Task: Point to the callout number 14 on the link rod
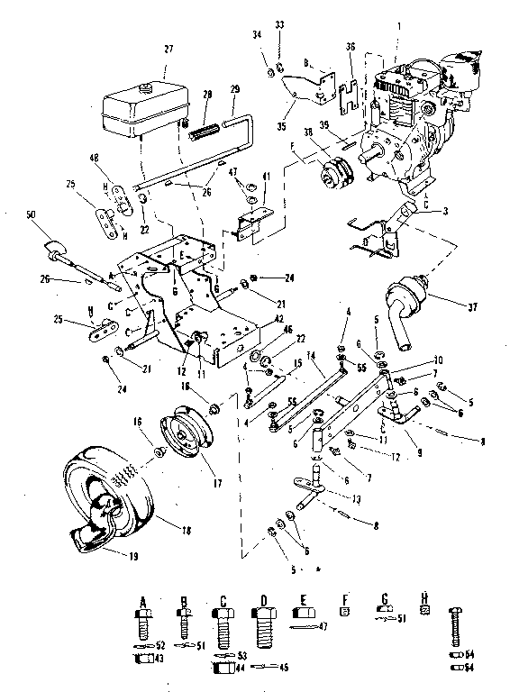(311, 358)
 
